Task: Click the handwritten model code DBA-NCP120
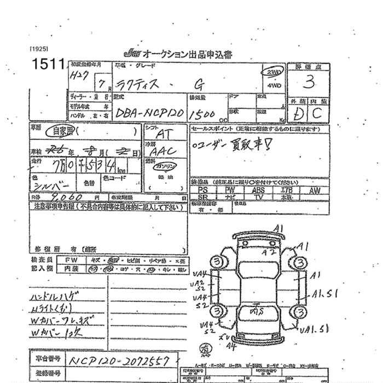[147, 114]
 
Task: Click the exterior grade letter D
[299, 114]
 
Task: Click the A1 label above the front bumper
[278, 228]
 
